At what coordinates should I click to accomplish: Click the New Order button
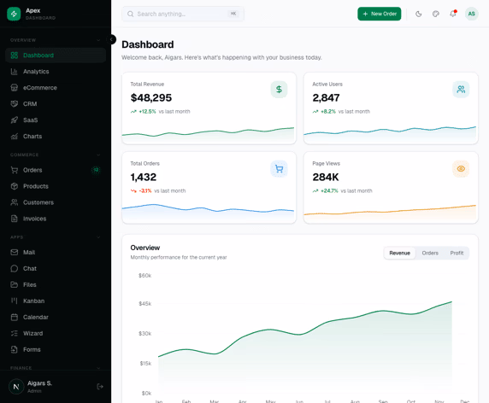pyautogui.click(x=379, y=14)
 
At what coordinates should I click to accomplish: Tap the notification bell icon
pyautogui.click(x=453, y=14)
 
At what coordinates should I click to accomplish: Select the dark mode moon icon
pyautogui.click(x=418, y=14)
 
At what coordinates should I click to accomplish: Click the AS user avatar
pyautogui.click(x=471, y=14)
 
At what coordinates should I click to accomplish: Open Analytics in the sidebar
pyautogui.click(x=36, y=72)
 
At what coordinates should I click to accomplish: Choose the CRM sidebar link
pyautogui.click(x=30, y=104)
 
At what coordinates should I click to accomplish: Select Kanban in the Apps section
pyautogui.click(x=33, y=301)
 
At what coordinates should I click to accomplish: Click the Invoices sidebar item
pyautogui.click(x=34, y=219)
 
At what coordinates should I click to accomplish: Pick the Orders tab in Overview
pyautogui.click(x=430, y=253)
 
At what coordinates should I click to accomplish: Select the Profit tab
pyautogui.click(x=457, y=253)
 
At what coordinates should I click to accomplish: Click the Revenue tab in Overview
pyautogui.click(x=399, y=253)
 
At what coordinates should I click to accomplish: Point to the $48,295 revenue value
pyautogui.click(x=151, y=98)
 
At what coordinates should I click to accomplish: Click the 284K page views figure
pyautogui.click(x=326, y=177)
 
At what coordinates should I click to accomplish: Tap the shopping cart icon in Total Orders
pyautogui.click(x=279, y=169)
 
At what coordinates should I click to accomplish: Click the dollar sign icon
pyautogui.click(x=279, y=89)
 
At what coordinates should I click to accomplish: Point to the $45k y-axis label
pyautogui.click(x=145, y=303)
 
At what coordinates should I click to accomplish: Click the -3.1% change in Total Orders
pyautogui.click(x=145, y=191)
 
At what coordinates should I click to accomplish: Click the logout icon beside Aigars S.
pyautogui.click(x=100, y=387)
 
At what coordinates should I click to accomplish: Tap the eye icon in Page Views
pyautogui.click(x=461, y=169)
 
